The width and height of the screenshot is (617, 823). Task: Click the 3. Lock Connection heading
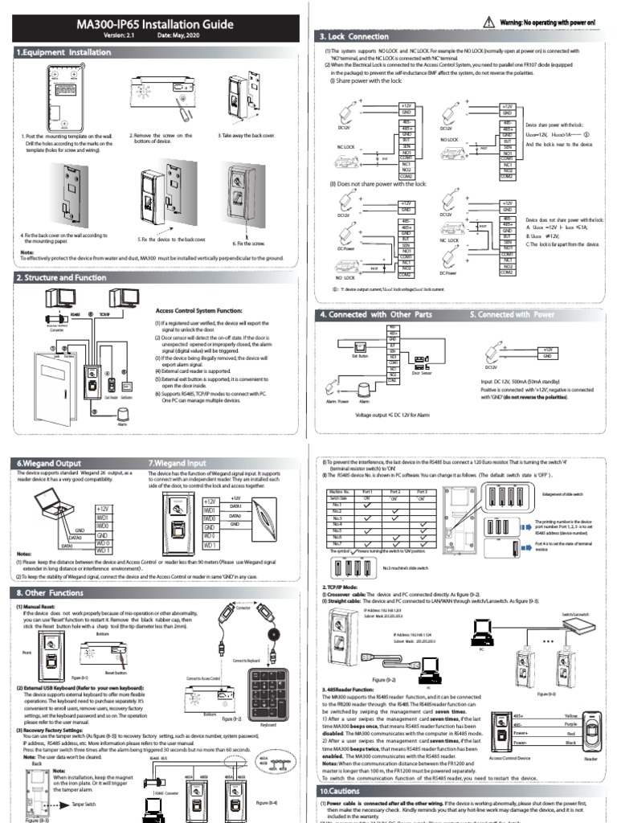[x=354, y=37]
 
